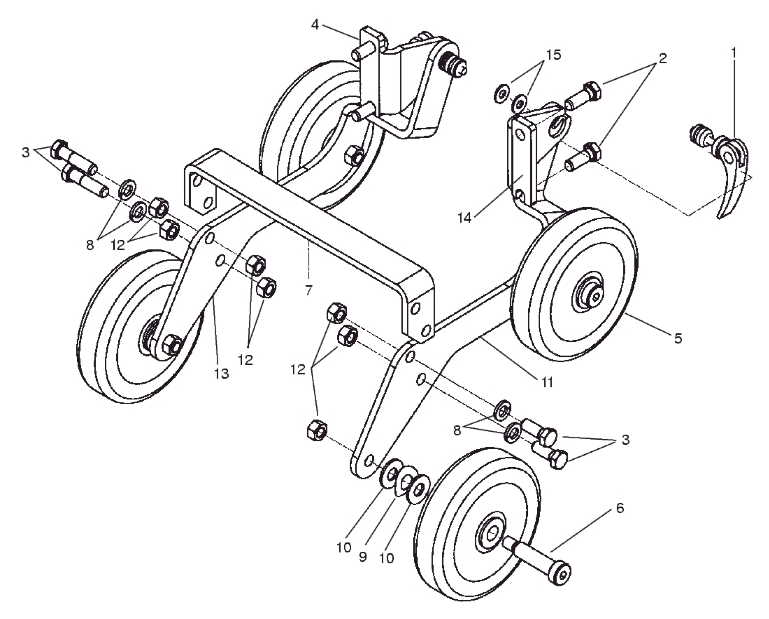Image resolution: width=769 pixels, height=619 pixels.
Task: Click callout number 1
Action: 733,53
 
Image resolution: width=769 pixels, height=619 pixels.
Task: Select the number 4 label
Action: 315,25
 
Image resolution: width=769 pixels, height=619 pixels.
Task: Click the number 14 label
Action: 464,217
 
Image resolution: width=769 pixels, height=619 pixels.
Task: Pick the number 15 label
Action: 553,55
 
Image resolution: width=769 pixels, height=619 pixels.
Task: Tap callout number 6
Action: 620,508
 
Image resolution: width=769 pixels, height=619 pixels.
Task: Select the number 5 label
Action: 678,338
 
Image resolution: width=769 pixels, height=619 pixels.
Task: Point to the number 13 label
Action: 221,373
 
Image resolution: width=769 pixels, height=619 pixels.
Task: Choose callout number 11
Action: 547,382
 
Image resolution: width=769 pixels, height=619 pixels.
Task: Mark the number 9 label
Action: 363,557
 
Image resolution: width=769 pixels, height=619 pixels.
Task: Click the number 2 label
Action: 663,58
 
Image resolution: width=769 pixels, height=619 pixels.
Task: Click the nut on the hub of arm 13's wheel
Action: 171,345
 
